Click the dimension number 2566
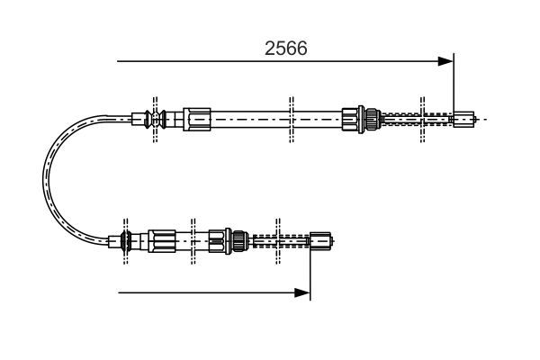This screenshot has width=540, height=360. pos(285,48)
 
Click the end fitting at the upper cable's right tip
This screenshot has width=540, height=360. pos(463,117)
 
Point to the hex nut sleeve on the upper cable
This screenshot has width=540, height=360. pos(196,117)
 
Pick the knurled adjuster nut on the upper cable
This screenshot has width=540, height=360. pos(366,118)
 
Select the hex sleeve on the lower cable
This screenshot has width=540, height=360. pos(164,240)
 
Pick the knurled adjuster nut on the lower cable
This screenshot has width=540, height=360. pos(238,240)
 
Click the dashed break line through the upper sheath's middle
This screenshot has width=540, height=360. pos(290,118)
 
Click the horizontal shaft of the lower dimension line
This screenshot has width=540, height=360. pos(207,292)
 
